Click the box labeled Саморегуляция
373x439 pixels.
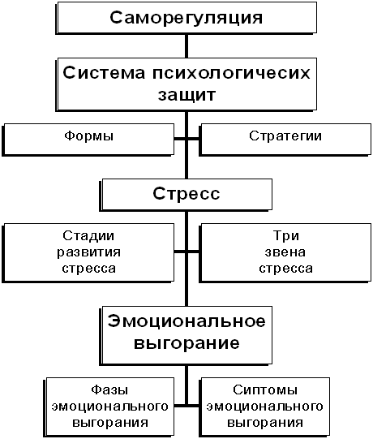coord(186,18)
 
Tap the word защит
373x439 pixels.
coord(187,95)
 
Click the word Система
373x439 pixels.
coord(104,73)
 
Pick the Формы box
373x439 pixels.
coord(88,140)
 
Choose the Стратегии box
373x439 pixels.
coord(285,140)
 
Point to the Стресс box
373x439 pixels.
coord(186,195)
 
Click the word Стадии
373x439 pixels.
coord(88,236)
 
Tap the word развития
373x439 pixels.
coord(88,252)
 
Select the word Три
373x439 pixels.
coord(286,236)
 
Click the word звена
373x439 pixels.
coord(285,252)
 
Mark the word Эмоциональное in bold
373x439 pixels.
coord(186,321)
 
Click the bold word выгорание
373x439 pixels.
coord(186,343)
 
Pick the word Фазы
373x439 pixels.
coord(109,390)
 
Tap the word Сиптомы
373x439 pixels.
coord(265,390)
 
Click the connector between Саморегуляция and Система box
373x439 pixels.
coord(186,46)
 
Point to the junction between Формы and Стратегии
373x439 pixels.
coord(186,139)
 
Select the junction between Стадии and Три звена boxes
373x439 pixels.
coord(186,252)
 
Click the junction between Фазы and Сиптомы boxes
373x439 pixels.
coord(186,405)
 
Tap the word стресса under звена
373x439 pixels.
coord(285,269)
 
